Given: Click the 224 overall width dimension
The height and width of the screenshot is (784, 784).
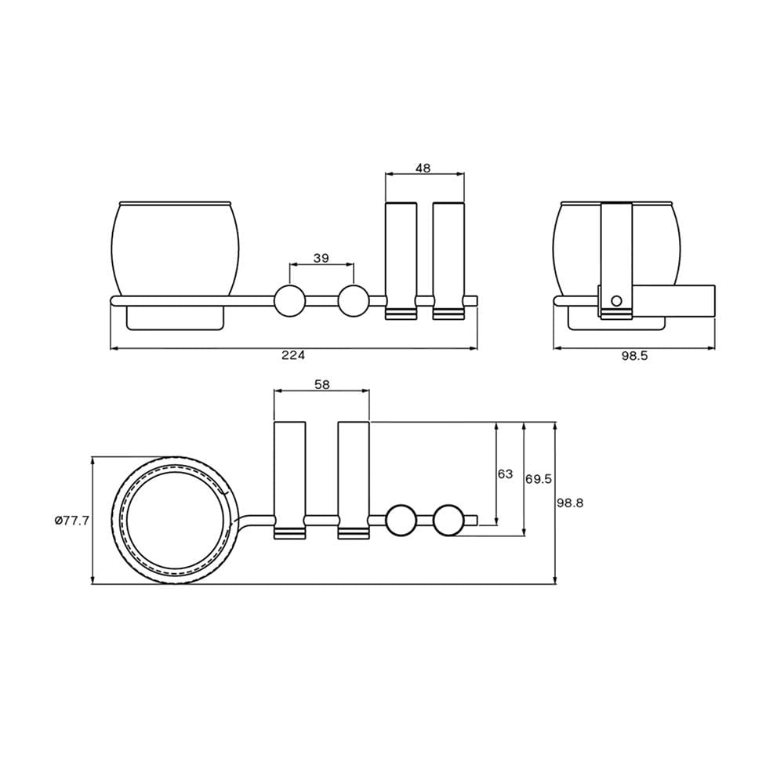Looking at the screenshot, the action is tap(293, 355).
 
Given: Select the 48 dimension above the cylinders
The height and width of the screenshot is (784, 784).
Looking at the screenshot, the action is tap(423, 168).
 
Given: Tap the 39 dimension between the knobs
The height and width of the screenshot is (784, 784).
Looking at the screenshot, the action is tap(321, 258).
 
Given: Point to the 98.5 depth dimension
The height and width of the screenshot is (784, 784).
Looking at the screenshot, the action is tap(634, 355).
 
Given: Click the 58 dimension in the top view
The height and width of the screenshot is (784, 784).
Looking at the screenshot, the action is tap(322, 384).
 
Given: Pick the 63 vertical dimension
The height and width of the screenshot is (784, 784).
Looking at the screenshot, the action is tap(506, 474).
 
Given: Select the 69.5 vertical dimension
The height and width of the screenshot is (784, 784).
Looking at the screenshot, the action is tap(539, 479).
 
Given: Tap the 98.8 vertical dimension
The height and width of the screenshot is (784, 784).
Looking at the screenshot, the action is tap(571, 503).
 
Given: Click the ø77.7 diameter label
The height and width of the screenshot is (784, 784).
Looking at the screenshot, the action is tap(71, 521).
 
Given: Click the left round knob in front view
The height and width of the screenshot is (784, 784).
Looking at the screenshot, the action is tap(289, 300).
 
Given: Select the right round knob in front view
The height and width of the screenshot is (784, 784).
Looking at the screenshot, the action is tap(354, 300).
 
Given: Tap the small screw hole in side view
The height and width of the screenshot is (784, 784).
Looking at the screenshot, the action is tap(616, 300).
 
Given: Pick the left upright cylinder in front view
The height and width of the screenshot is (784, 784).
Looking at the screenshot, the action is tap(401, 260).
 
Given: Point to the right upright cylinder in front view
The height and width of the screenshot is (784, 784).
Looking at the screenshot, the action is tap(448, 260).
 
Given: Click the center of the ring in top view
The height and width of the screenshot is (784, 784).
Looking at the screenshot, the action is tap(175, 520).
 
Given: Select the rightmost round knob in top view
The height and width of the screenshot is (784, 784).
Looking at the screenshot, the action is tap(449, 520).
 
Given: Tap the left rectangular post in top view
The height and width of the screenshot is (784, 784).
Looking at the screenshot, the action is tap(290, 480).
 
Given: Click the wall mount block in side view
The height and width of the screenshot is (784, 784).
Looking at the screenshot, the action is tap(674, 300).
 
